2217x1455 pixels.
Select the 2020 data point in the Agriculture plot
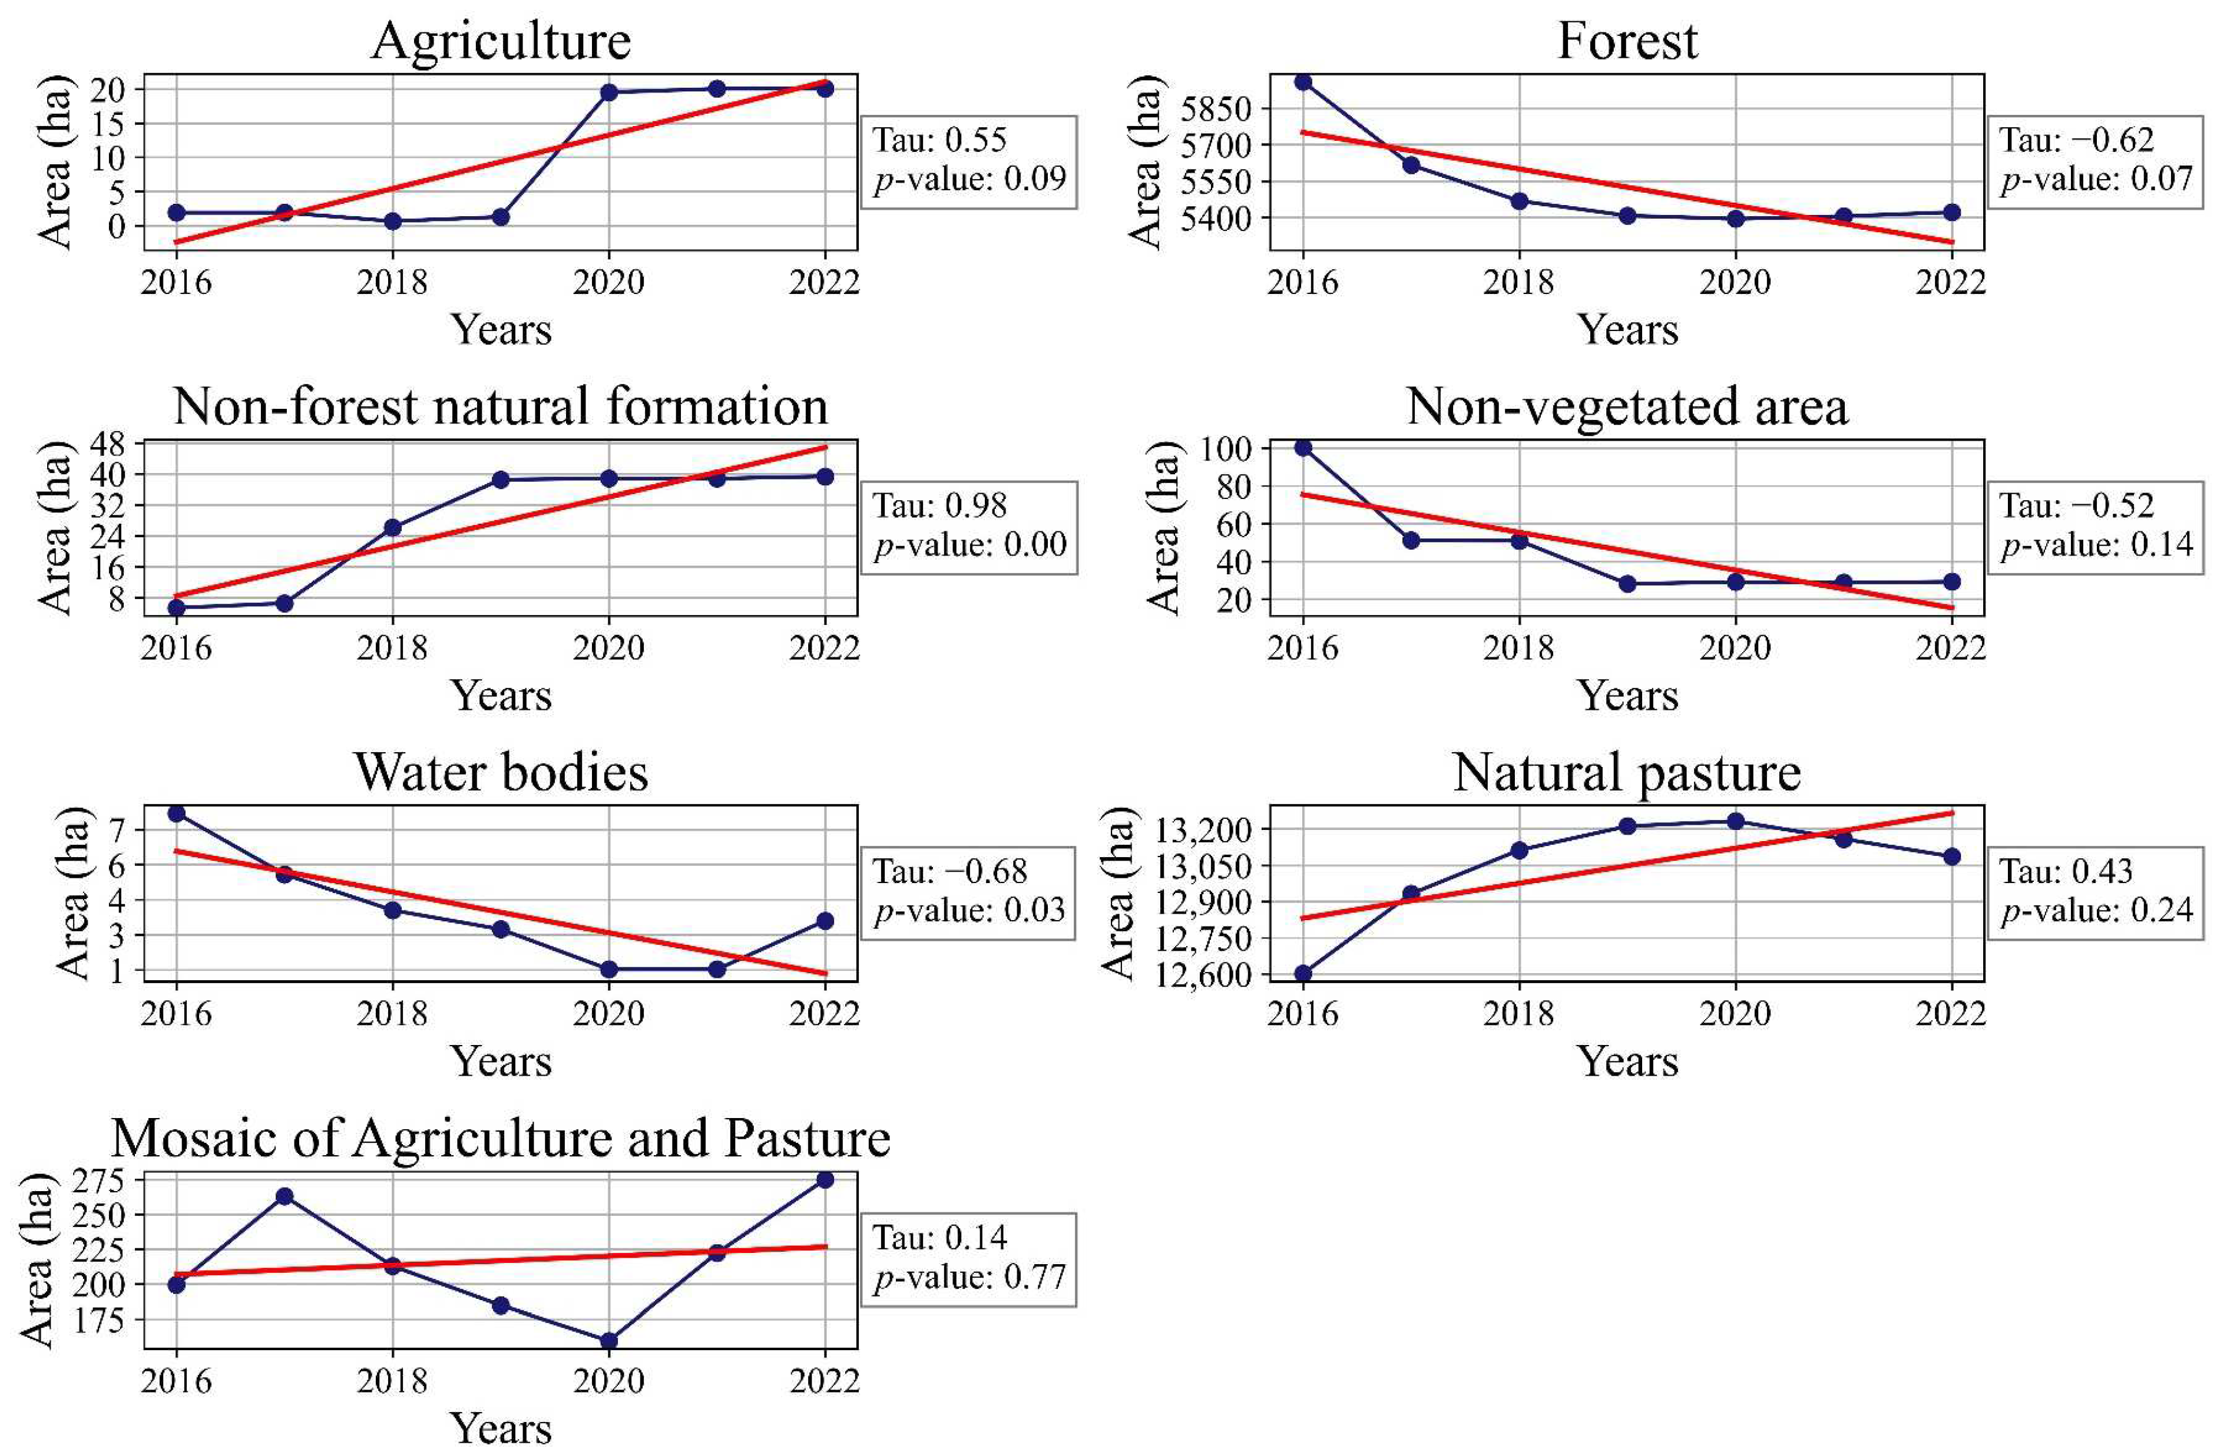tap(608, 92)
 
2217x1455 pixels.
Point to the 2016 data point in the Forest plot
tap(1302, 82)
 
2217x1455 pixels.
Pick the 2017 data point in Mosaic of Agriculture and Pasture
tap(284, 1196)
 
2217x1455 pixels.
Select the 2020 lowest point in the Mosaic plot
tap(608, 1340)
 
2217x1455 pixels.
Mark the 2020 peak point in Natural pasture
tap(1735, 821)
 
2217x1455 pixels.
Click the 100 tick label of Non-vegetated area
tap(1227, 449)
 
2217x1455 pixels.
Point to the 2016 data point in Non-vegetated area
tap(1302, 448)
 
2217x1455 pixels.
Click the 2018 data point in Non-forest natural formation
tap(392, 527)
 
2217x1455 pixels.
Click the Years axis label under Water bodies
tap(501, 1061)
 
